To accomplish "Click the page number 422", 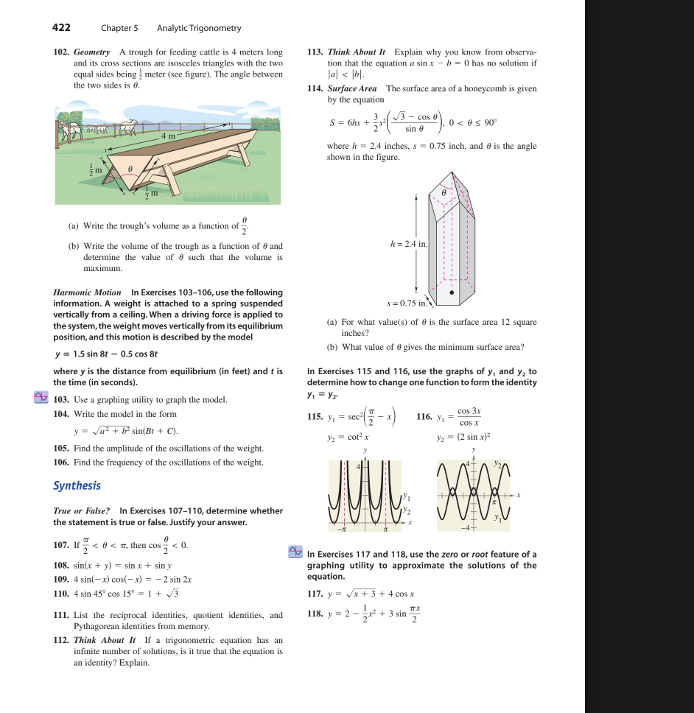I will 62,27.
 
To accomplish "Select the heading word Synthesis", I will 77,485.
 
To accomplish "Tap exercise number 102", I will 61,52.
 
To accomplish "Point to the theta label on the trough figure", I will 130,169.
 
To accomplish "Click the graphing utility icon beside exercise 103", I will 42,398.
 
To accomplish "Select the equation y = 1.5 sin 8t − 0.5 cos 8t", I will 107,354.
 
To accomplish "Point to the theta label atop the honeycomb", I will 444,191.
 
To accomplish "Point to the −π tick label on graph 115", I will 342,530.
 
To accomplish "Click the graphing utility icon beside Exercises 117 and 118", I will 295,552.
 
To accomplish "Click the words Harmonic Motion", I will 88,292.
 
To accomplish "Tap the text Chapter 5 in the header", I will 119,28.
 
